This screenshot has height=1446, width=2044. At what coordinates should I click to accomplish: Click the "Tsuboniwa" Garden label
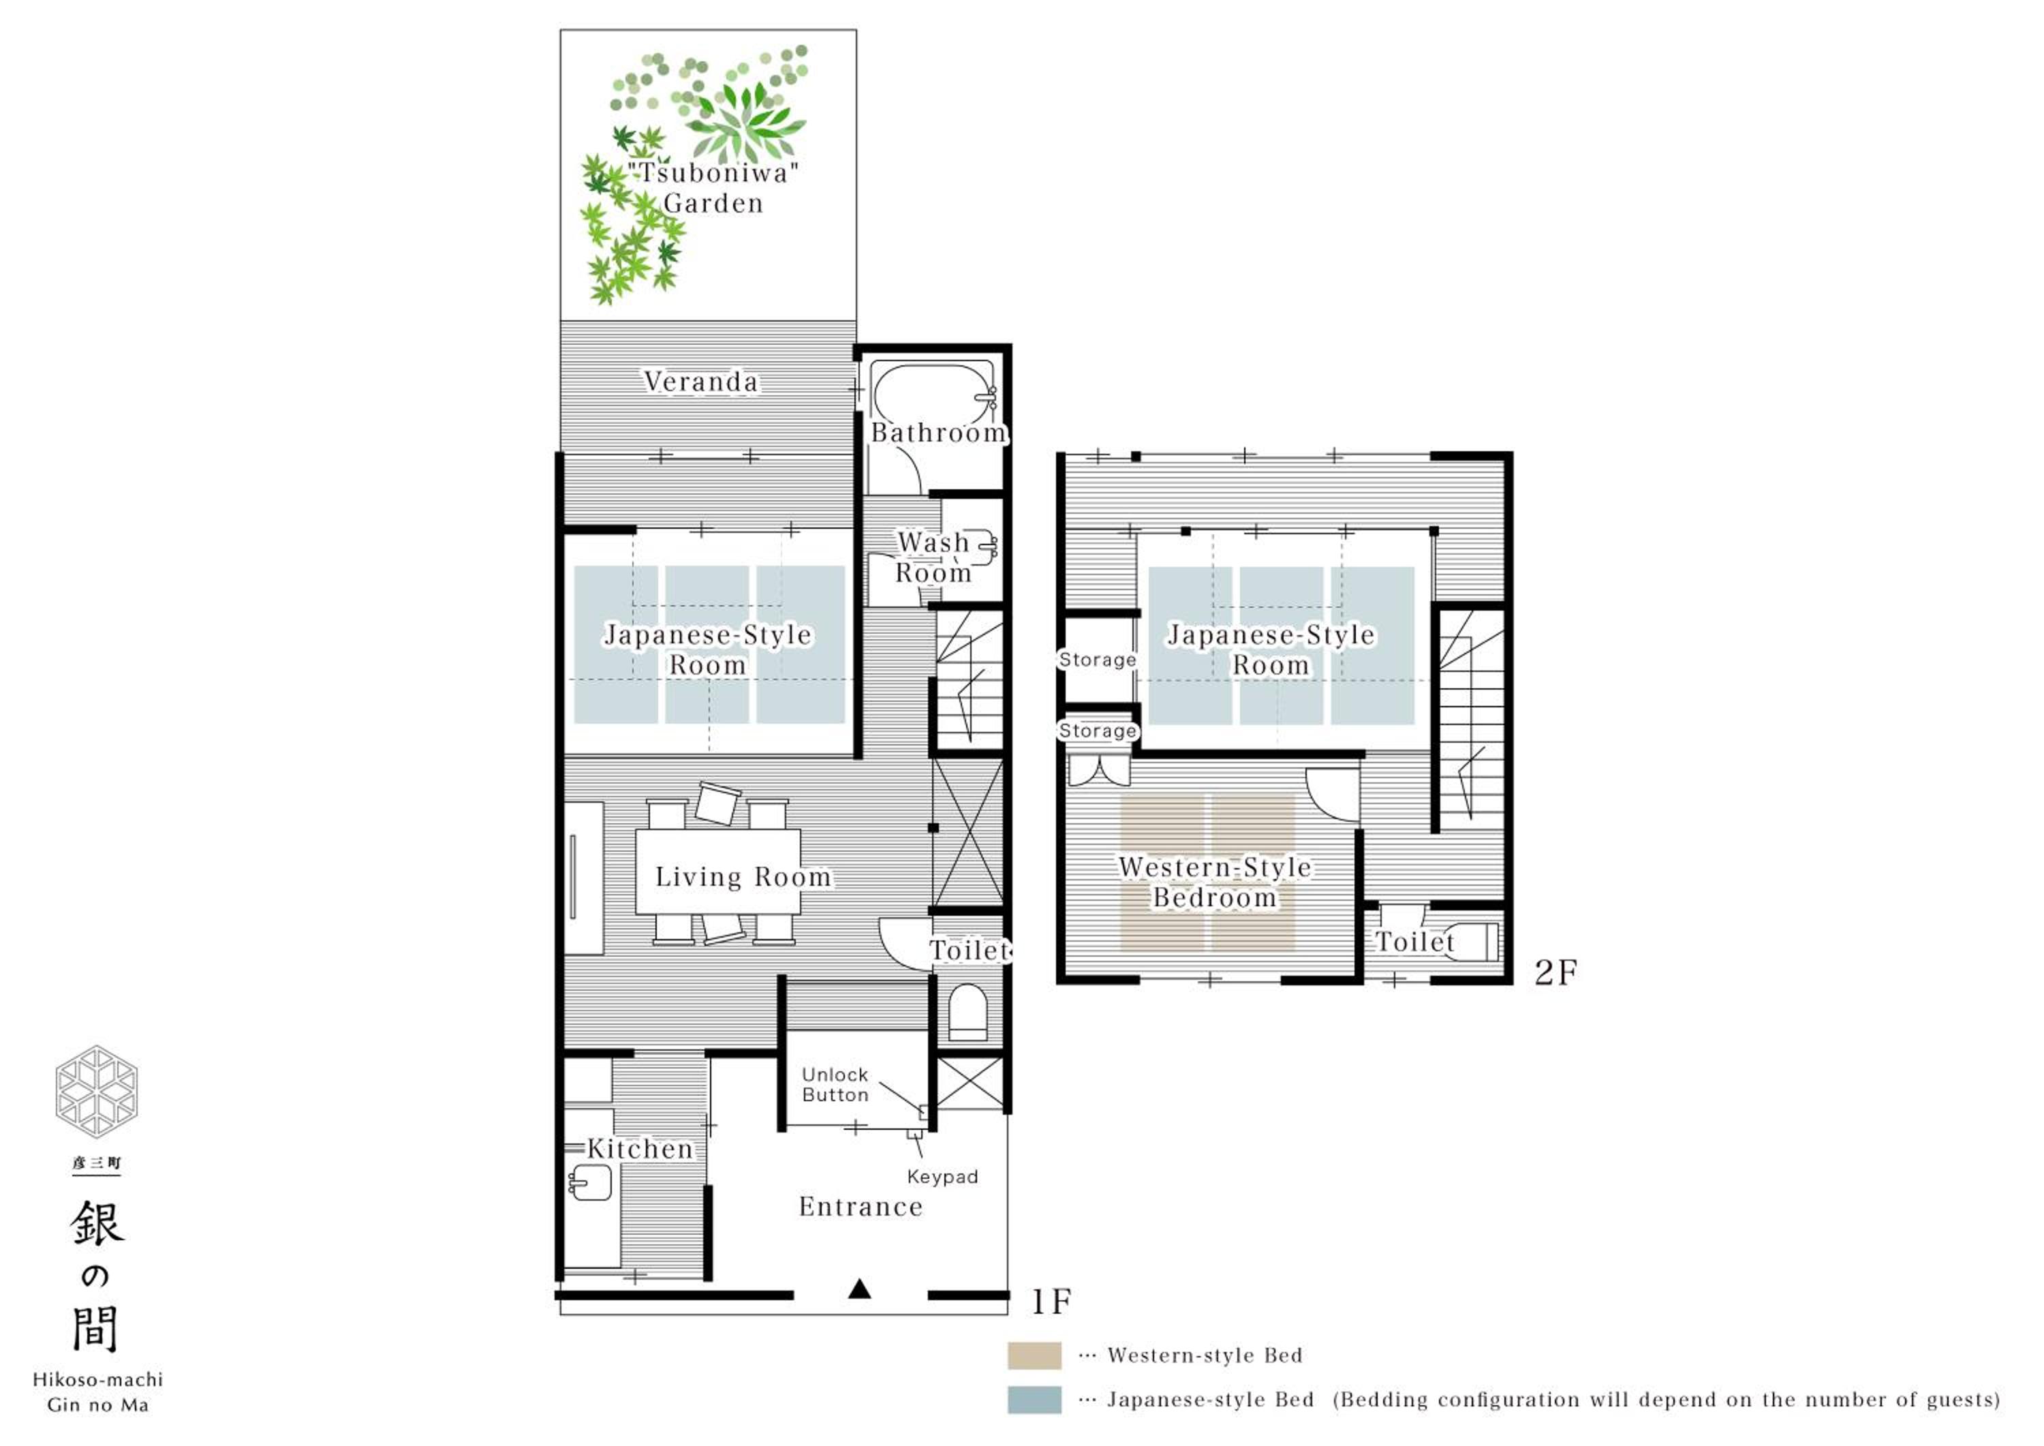[713, 188]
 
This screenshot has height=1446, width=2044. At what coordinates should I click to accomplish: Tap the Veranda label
[702, 382]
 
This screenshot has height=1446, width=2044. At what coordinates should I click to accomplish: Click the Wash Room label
[933, 557]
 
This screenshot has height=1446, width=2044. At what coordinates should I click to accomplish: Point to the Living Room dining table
[717, 872]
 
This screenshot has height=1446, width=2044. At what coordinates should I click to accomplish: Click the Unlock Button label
[835, 1085]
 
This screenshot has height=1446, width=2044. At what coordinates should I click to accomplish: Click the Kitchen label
[639, 1149]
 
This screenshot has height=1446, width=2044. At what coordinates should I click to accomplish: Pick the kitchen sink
[589, 1184]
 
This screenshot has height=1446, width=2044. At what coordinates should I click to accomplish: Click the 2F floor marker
[1556, 972]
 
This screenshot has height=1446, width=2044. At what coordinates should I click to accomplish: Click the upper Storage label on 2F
[1098, 660]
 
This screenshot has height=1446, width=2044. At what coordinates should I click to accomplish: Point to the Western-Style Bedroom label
[1215, 882]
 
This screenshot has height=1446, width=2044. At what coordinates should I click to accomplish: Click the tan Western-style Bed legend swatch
[1034, 1355]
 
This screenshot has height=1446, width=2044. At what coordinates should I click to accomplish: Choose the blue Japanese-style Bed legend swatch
[1034, 1400]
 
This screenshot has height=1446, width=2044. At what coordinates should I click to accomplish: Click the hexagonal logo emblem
[96, 1092]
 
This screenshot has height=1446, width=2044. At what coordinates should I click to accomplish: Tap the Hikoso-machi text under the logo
[98, 1379]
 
